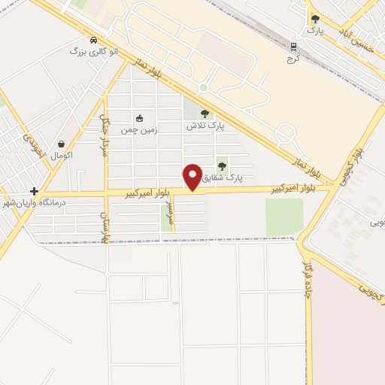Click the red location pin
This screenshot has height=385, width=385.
coord(192,177)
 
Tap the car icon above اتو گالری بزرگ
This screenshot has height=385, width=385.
coord(92,40)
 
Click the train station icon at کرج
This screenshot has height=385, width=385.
coord(293,47)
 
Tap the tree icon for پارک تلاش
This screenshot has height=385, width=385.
coord(205,114)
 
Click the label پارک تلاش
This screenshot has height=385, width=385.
coord(205,126)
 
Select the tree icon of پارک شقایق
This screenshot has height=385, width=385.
coord(221,166)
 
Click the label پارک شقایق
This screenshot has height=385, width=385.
coord(223,178)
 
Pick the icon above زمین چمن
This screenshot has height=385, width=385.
coord(138,118)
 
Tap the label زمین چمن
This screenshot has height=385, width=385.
coord(139,129)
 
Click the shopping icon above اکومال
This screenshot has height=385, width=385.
coord(61,143)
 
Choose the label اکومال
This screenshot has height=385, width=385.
coord(61,155)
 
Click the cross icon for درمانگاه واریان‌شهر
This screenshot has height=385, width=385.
coord(34,192)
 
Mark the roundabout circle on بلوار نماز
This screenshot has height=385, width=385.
coord(202,88)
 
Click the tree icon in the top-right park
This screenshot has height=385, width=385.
coord(314,19)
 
